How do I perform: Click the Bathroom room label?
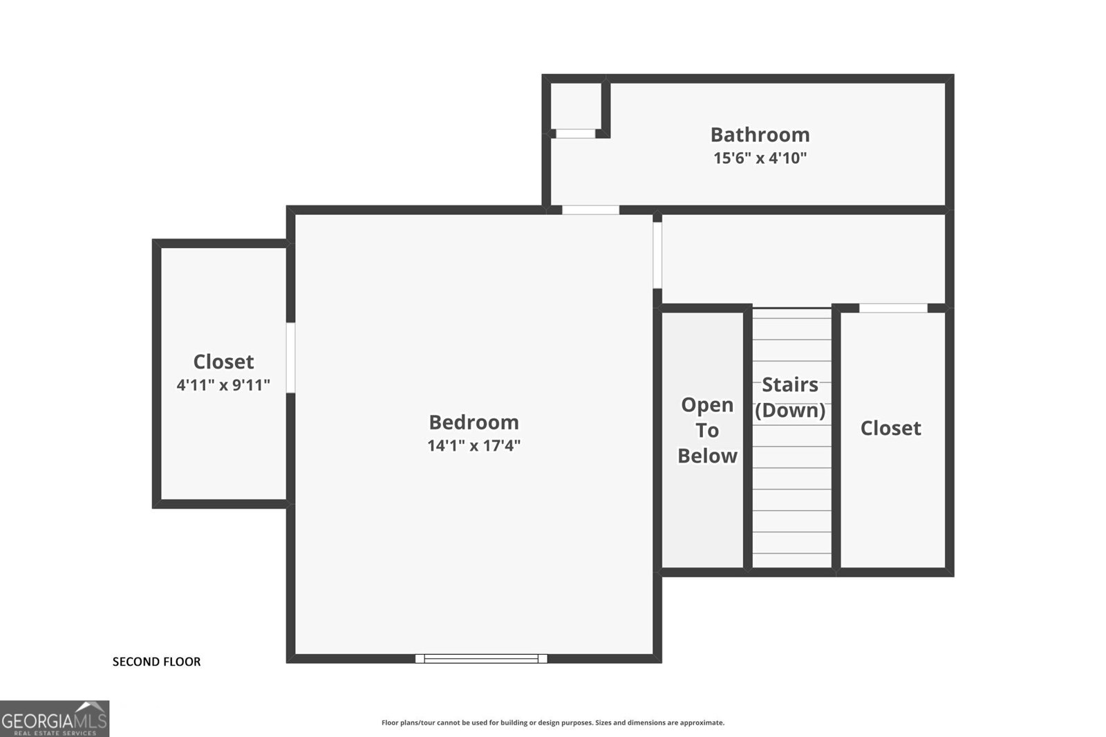pyautogui.click(x=760, y=135)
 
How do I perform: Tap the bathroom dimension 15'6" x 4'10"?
pyautogui.click(x=760, y=158)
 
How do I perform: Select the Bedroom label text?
pyautogui.click(x=474, y=422)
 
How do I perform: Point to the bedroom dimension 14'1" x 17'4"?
pyautogui.click(x=474, y=445)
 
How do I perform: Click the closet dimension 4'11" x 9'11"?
pyautogui.click(x=223, y=385)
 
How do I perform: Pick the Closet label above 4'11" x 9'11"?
pyautogui.click(x=223, y=362)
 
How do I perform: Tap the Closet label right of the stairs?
pyautogui.click(x=891, y=428)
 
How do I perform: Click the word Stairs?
pyautogui.click(x=790, y=384)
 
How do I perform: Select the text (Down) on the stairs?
pyautogui.click(x=790, y=410)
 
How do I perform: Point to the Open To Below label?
pyautogui.click(x=707, y=430)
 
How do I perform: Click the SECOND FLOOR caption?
pyautogui.click(x=156, y=662)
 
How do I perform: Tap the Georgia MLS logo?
pyautogui.click(x=55, y=719)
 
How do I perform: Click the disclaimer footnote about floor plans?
pyautogui.click(x=553, y=722)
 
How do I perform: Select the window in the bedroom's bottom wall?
pyautogui.click(x=481, y=658)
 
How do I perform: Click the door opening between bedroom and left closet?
pyautogui.click(x=291, y=357)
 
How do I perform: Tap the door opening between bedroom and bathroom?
pyautogui.click(x=590, y=210)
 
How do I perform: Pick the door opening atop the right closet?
pyautogui.click(x=893, y=308)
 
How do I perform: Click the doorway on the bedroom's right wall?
pyautogui.click(x=657, y=255)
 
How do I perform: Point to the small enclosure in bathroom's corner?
pyautogui.click(x=576, y=106)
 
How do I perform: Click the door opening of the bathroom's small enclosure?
pyautogui.click(x=576, y=134)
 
